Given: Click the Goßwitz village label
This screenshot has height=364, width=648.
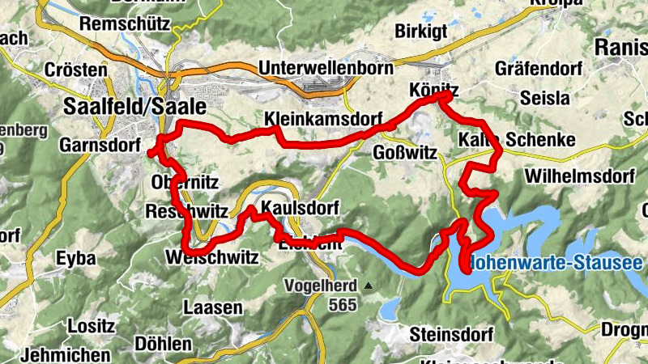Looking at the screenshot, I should (407, 152).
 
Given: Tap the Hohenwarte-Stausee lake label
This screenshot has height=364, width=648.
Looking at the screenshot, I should (559, 263).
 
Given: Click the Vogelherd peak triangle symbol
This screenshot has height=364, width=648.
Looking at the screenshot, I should (369, 286).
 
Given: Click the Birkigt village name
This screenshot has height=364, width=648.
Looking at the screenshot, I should (422, 31).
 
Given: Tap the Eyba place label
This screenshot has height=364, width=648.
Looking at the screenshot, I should (76, 259).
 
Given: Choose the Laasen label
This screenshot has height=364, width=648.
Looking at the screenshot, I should (213, 307).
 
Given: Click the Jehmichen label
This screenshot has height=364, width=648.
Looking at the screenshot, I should (67, 354).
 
